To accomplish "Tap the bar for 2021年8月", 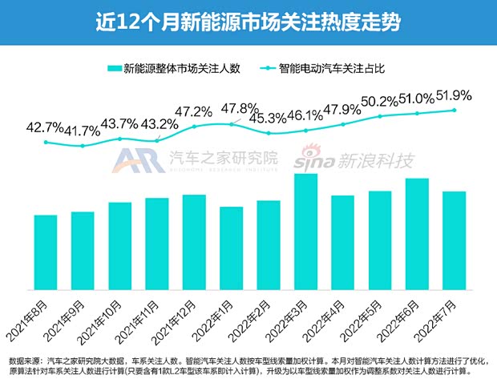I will (46, 252).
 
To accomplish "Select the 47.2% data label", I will (193, 110).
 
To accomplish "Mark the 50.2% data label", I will (381, 102).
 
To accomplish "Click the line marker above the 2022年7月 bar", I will (455, 110).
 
